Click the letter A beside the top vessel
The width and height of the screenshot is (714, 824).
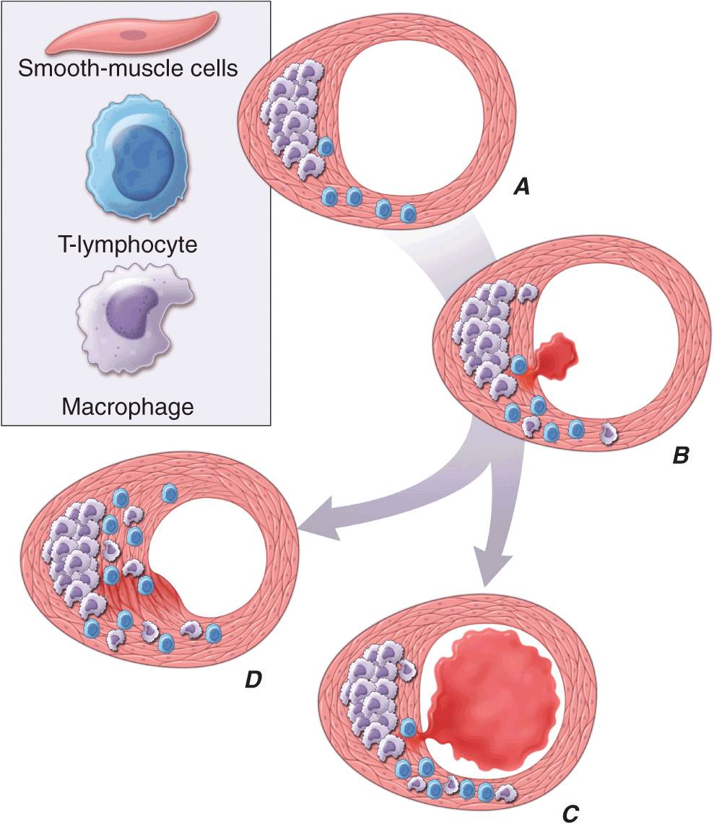521,188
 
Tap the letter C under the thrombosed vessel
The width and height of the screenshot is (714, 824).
570,810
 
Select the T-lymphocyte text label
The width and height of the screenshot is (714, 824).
127,244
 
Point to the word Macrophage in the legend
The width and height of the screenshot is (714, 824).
128,407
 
